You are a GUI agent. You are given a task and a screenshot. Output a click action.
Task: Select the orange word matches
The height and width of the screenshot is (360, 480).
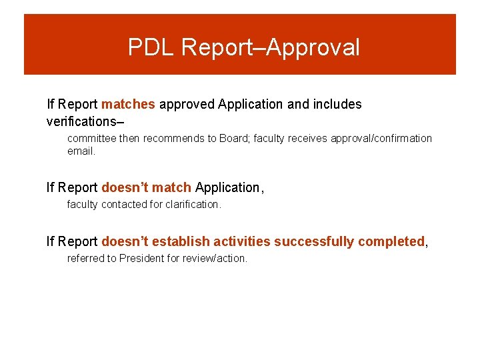128,104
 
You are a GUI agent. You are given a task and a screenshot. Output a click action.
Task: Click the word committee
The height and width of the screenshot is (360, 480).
92,139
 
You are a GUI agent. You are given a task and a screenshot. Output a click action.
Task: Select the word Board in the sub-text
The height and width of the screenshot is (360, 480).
234,139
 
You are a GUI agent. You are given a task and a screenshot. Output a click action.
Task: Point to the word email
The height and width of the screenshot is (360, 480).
81,151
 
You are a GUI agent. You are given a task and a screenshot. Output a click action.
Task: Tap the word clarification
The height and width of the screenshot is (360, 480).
193,205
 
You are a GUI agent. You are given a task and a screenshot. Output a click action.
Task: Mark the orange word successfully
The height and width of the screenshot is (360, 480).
314,242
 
